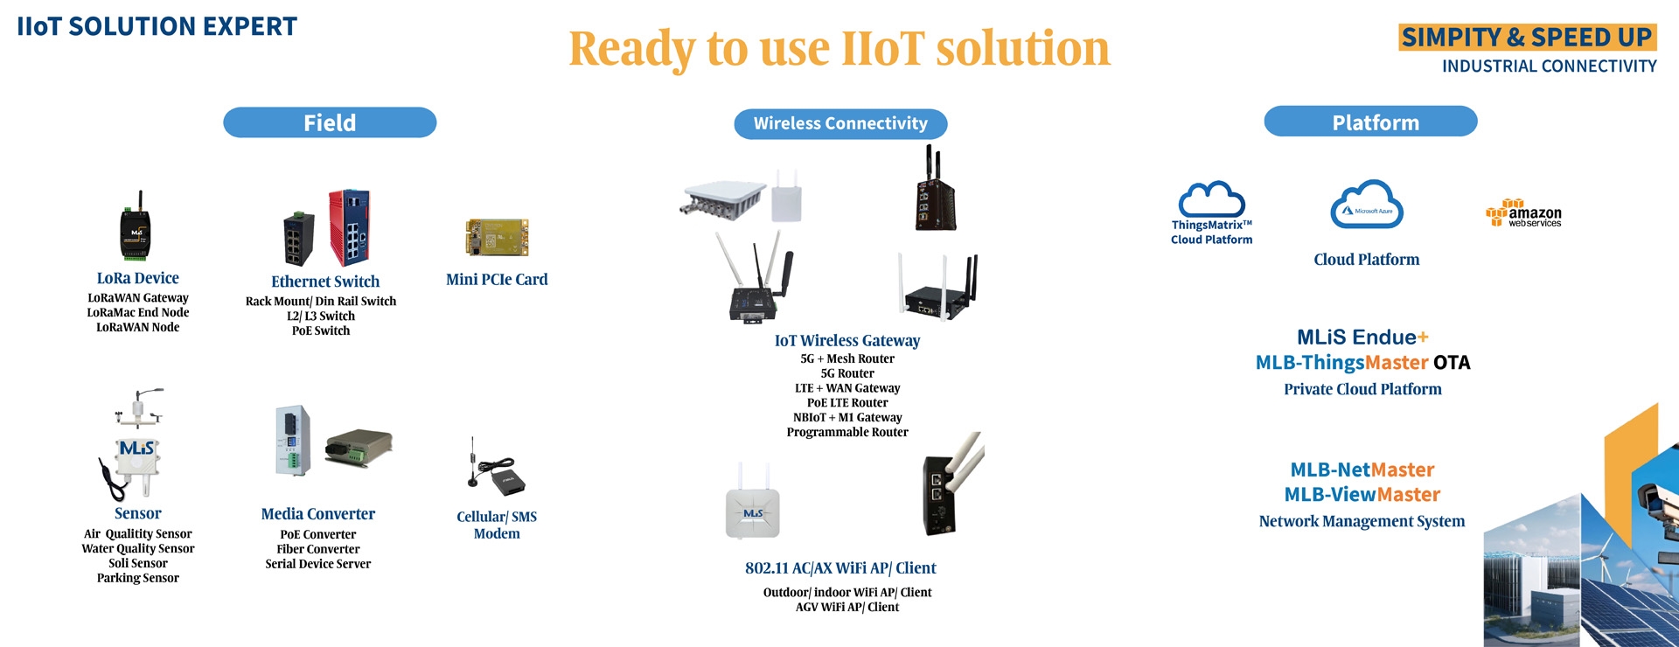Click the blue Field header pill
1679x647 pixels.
pos(330,122)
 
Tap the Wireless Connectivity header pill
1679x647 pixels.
pos(840,124)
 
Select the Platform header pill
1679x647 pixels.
pos(1370,122)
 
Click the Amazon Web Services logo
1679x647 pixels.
pos(1523,213)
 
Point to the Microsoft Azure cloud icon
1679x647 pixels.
pos(1367,206)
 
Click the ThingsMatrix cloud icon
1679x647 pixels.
pos(1211,200)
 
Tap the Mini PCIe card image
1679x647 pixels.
pos(497,237)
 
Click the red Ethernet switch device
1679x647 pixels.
pos(349,227)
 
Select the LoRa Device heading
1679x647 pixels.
pos(138,278)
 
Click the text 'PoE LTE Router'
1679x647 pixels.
pos(847,403)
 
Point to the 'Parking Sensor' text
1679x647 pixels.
pos(138,578)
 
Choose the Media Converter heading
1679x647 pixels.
pos(318,514)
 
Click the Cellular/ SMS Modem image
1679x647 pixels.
pos(495,468)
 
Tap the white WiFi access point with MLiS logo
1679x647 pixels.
pos(752,504)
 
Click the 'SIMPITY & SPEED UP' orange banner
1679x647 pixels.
pos(1528,37)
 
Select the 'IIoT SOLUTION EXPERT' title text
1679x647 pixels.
pos(157,26)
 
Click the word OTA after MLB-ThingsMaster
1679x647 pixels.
pos(1453,363)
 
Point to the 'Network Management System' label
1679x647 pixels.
pos(1362,521)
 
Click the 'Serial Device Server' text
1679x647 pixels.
pos(318,564)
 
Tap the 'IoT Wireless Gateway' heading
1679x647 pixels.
pos(847,341)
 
